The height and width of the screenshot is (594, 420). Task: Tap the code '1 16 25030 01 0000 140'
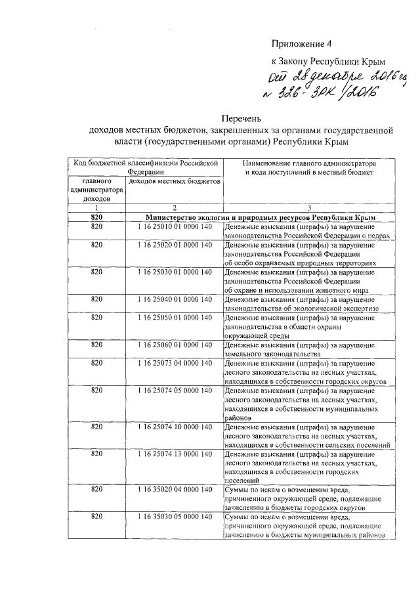point(175,271)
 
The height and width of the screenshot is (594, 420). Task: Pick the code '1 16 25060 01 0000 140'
point(175,344)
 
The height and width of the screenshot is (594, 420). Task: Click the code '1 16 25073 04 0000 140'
point(175,362)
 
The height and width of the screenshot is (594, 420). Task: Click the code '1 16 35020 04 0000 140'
point(175,490)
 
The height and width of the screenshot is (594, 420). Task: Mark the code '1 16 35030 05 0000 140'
point(175,517)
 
